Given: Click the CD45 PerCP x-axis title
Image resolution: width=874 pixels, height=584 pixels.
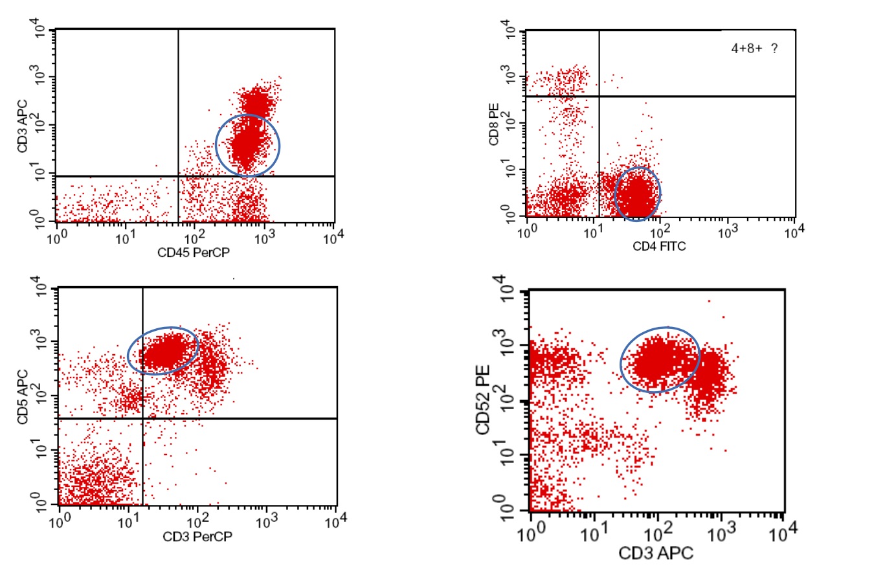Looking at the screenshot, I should tap(193, 253).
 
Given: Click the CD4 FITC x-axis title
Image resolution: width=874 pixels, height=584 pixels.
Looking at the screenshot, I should tap(659, 246).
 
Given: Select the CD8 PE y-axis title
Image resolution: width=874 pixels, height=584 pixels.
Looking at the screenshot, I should tap(495, 127).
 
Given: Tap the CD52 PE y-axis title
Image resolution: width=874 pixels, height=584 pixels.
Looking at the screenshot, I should tap(483, 400).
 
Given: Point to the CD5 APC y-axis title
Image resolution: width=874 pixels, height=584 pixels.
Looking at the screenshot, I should tap(23, 396).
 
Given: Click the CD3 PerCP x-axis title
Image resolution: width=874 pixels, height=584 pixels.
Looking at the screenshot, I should tap(197, 536).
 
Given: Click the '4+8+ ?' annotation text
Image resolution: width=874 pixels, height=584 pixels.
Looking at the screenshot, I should tap(754, 49).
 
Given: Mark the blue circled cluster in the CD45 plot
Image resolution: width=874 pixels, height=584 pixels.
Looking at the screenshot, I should tap(247, 146).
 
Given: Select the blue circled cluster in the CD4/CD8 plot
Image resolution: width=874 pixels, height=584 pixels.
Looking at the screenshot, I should tap(637, 194).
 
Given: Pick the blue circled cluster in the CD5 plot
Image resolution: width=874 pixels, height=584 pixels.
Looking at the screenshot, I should tap(162, 350).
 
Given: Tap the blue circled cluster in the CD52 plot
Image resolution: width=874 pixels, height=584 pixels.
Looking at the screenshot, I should tap(660, 359).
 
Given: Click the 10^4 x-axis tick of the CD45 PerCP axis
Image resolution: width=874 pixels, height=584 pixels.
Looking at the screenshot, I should tap(333, 238).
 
